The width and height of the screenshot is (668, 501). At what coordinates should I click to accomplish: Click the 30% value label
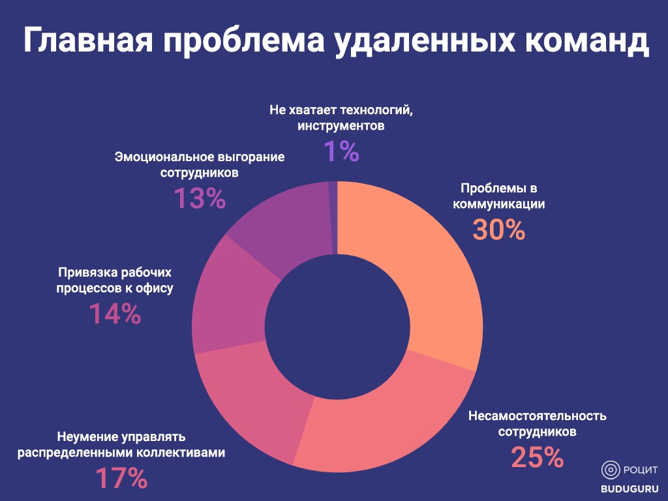pos(499,230)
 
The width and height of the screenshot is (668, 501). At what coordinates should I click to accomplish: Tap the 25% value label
pos(537,457)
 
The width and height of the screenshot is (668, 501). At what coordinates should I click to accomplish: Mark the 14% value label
pos(115,315)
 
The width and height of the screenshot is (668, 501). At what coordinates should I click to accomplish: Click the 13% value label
pos(200,198)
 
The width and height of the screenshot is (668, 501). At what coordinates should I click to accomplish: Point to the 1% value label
pos(341,151)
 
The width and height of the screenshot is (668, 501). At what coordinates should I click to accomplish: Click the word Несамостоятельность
pos(538,416)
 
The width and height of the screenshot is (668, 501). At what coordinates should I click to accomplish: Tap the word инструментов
pos(341,125)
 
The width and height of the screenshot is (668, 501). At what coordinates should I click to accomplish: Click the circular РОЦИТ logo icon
pos(611,469)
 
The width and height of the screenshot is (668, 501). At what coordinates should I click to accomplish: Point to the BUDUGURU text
pos(630,488)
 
